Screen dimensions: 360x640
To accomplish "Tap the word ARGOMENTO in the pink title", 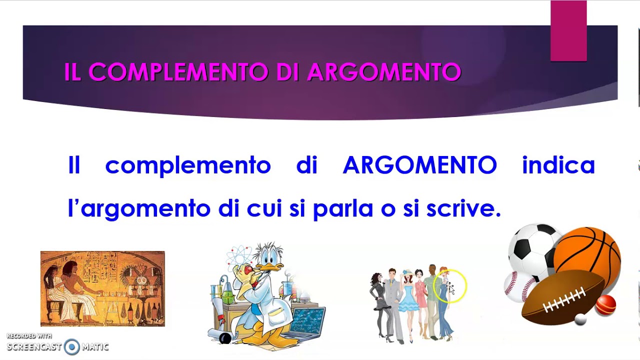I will [384, 72].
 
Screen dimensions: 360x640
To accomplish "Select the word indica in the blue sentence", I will [558, 165].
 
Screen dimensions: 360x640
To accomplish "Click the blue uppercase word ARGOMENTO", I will [420, 165].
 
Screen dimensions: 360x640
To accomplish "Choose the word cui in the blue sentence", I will [265, 208].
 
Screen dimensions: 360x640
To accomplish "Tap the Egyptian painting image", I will [102, 288].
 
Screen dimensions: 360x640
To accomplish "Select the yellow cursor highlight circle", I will [450, 286].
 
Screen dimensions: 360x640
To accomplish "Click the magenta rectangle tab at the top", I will [568, 31].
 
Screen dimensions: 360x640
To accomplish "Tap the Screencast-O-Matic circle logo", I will [72, 346].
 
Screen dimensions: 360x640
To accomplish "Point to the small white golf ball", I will [580, 318].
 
